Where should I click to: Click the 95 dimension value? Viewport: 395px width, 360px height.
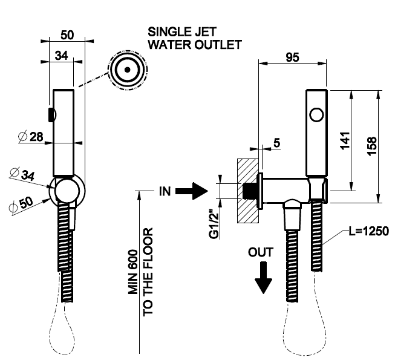[292, 57]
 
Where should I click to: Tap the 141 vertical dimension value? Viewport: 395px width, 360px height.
[345, 140]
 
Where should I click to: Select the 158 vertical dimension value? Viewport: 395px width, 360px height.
[372, 146]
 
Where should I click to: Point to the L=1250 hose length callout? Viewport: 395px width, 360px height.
[368, 231]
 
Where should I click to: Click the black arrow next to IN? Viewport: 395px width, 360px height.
[191, 191]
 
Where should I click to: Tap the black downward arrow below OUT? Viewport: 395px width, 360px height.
[263, 278]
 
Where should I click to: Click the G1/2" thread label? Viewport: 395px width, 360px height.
[214, 224]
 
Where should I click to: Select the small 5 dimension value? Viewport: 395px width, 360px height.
[276, 143]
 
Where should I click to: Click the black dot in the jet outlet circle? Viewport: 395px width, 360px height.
[128, 70]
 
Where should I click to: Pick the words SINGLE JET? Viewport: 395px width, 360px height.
[182, 32]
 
